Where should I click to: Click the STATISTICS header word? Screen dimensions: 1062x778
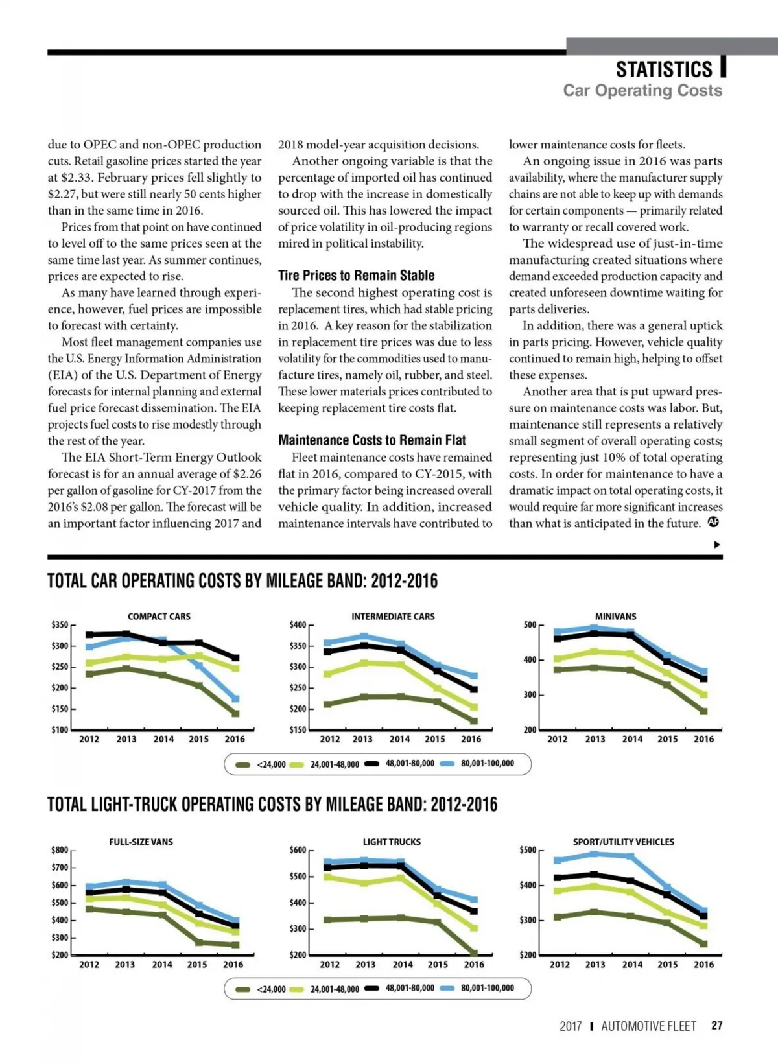click(663, 69)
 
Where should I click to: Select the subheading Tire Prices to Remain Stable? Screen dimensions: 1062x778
click(356, 275)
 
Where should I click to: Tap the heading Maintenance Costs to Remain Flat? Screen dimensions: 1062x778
click(371, 440)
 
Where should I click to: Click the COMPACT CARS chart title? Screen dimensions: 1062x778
click(159, 616)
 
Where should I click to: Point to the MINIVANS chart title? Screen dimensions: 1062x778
click(615, 616)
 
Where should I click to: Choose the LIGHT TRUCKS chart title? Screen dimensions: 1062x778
click(392, 842)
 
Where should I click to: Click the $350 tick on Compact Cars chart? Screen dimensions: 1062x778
click(60, 625)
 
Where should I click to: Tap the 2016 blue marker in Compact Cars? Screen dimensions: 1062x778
click(235, 699)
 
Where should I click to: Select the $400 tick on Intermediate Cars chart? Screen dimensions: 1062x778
click(298, 625)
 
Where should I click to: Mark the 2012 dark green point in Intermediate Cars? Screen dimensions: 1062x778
click(327, 704)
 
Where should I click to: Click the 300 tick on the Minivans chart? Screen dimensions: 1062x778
click(530, 695)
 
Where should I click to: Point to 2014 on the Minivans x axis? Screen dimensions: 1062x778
click(632, 739)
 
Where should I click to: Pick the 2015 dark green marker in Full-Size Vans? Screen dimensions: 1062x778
click(198, 943)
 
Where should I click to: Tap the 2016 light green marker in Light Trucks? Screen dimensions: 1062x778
click(474, 928)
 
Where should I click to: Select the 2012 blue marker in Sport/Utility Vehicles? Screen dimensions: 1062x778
click(557, 860)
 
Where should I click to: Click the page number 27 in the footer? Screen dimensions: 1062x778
click(716, 1026)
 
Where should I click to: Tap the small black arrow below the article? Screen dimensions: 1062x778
click(716, 545)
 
